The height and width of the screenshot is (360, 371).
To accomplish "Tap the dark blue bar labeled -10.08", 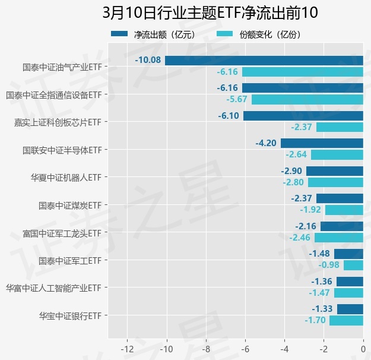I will pos(264,60).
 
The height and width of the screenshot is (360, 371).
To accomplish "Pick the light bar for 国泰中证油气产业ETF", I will pos(303,72).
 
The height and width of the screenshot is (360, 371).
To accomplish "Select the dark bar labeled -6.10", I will pos(303,115).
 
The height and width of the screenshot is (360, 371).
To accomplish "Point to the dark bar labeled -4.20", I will pos(322,143).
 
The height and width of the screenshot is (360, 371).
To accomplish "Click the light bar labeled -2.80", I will pos(335,182).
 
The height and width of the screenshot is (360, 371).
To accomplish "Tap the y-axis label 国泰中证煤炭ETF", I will pos(70,206).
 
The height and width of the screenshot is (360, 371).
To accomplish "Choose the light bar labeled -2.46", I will pos(339,238).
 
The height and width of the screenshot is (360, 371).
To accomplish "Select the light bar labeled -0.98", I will pos(353,265).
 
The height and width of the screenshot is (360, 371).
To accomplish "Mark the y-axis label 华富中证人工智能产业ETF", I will pos(53,288).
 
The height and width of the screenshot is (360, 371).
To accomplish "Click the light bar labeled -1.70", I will pos(346,320).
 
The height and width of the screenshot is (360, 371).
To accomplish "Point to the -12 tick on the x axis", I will pos(127,348).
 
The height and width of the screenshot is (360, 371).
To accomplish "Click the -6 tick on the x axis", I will pos(245,348).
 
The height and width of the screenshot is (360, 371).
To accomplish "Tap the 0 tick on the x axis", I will pos(363,348).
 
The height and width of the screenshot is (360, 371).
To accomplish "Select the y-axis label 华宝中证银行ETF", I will pos(70,315).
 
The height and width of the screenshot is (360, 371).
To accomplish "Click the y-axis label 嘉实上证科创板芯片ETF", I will pos(58,122).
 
